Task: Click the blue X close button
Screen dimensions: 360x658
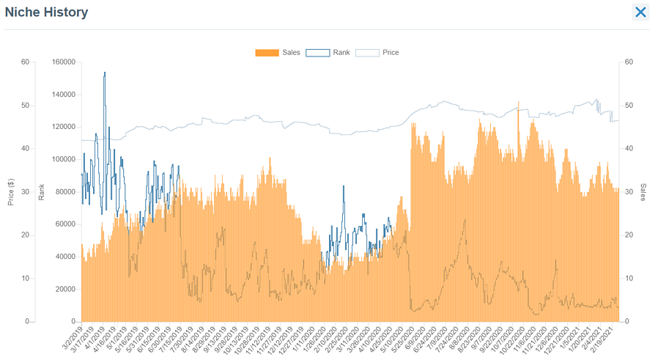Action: pos(640,12)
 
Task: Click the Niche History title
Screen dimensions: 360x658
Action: pos(47,12)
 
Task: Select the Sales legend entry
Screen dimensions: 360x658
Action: pos(278,53)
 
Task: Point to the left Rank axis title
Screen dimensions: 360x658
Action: pos(42,193)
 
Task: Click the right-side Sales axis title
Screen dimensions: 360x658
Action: pos(643,192)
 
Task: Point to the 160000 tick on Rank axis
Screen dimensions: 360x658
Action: pos(64,62)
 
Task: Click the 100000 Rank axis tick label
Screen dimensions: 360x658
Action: pos(64,159)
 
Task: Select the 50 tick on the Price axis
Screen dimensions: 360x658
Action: pos(25,106)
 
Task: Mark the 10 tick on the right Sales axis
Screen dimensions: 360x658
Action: pos(629,279)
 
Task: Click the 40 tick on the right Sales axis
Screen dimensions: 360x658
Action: pos(629,149)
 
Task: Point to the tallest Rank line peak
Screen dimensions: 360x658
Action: pos(105,73)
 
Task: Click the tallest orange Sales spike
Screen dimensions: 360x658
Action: pos(518,103)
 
